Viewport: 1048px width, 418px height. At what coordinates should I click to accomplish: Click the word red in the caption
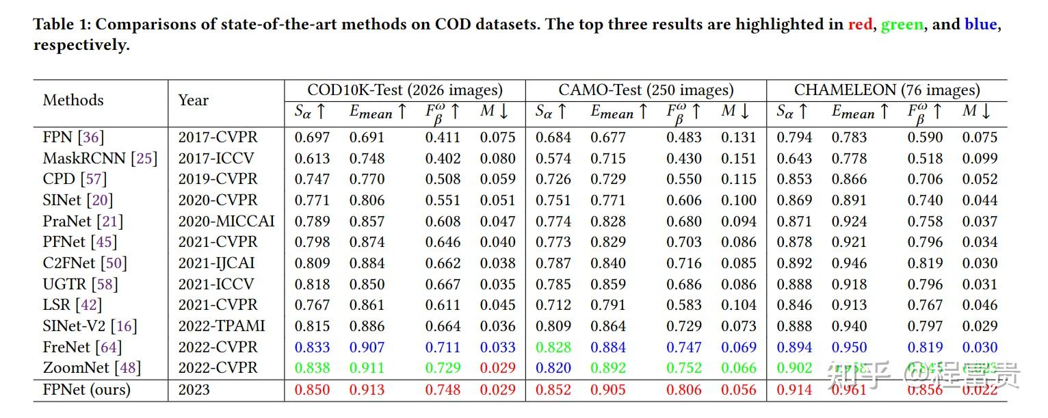pos(860,25)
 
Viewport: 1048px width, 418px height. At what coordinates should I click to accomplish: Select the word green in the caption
pos(902,25)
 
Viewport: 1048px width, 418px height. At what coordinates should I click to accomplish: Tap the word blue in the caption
pos(980,25)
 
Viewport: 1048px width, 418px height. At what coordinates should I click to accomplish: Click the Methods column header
pos(73,101)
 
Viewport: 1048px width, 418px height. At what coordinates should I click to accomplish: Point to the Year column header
pos(193,101)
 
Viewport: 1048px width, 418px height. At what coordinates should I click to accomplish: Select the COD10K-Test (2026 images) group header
pos(404,90)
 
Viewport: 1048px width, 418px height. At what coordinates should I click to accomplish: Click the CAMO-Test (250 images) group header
pos(646,90)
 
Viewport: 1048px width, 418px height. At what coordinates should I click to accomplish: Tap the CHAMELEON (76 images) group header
pos(887,90)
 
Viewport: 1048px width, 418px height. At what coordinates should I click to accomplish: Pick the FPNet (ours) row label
pos(86,390)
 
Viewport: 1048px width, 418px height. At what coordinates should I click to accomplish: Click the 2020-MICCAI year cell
pos(226,222)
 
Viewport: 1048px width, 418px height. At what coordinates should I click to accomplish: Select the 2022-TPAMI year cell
pos(221,326)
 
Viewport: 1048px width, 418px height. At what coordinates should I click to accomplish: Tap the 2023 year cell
pos(194,390)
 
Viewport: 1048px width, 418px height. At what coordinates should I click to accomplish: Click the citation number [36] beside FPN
pos(92,138)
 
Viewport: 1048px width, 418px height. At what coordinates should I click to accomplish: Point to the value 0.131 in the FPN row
pos(738,138)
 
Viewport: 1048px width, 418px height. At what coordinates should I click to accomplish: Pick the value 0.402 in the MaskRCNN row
pos(443,159)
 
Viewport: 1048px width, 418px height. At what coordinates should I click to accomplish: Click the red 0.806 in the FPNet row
pos(684,390)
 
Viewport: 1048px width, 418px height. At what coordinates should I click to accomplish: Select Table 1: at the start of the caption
pos(62,25)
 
